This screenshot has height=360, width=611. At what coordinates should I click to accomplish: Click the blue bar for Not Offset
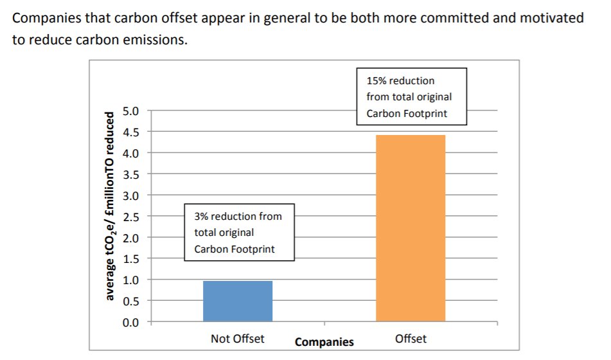[x=238, y=301]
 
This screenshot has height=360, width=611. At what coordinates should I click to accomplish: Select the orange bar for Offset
[x=411, y=228]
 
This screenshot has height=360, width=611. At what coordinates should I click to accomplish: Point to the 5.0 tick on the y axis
[x=130, y=111]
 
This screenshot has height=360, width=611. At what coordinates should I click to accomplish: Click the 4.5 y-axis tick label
[x=130, y=132]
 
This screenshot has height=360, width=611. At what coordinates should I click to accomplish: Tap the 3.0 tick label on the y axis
[x=130, y=195]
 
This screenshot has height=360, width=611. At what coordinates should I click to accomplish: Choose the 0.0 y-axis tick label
[x=130, y=321]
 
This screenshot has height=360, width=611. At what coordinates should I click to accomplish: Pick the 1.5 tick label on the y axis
[x=130, y=258]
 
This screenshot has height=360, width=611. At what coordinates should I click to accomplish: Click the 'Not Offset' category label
[x=237, y=339]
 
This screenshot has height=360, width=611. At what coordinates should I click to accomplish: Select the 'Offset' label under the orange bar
[x=411, y=339]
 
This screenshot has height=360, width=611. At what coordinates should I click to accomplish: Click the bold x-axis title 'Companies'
[x=324, y=342]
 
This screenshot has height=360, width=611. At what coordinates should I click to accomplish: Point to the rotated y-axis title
[x=111, y=206]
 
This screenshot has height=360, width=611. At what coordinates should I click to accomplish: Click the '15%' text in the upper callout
[x=376, y=81]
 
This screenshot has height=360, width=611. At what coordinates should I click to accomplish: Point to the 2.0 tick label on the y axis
[x=130, y=237]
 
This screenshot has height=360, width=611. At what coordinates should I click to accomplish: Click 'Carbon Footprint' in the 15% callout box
[x=405, y=113]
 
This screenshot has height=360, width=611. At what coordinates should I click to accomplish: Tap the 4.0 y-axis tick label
[x=130, y=153]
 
